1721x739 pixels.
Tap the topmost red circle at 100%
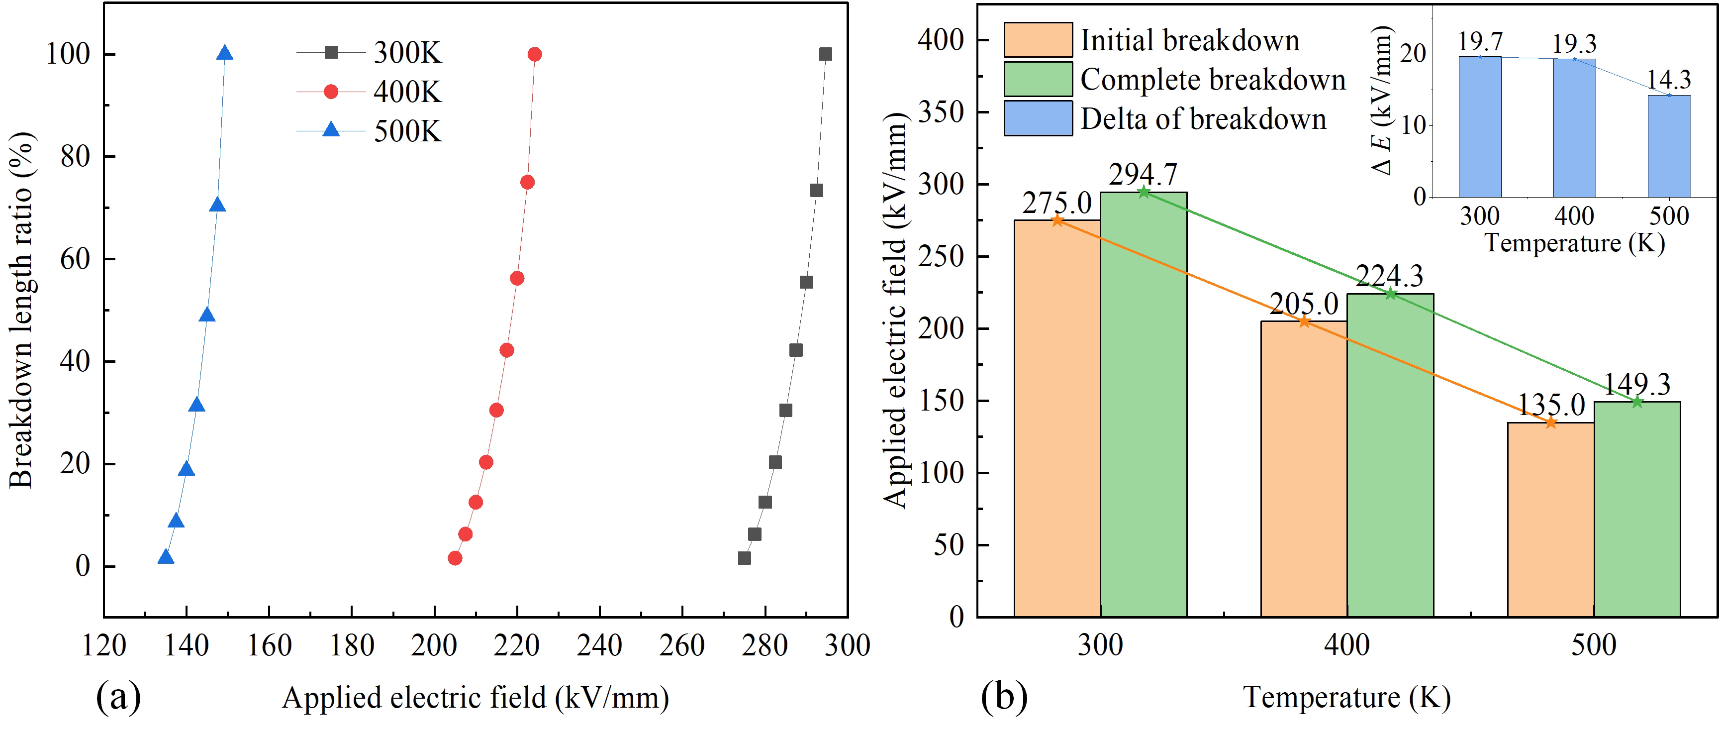click(535, 54)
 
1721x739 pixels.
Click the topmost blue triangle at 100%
click(225, 53)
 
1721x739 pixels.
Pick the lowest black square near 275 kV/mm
click(744, 558)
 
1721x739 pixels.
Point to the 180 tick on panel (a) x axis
click(352, 645)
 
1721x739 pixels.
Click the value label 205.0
click(1304, 305)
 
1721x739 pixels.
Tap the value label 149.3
click(1637, 385)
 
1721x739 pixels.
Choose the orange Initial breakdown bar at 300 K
click(1057, 418)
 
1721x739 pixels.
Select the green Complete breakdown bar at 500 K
click(1637, 508)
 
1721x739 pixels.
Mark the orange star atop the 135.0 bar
click(1550, 423)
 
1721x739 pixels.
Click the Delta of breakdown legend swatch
click(1038, 118)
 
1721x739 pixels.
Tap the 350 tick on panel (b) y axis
click(940, 111)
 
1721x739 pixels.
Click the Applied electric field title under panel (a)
click(475, 698)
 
